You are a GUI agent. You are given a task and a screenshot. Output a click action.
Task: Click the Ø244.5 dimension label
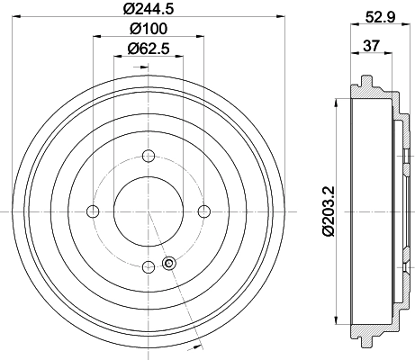pos(149,9)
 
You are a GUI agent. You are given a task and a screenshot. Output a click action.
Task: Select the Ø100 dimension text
pos(149,29)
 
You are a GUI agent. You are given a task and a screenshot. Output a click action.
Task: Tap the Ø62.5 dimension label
pos(149,49)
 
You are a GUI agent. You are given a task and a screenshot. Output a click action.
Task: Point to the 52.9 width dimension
pos(380,17)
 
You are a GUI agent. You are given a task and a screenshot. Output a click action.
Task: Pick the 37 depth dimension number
pos(372,46)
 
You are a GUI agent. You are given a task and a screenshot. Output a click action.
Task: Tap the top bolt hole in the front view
pos(149,156)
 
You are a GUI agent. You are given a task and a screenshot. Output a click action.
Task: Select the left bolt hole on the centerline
pos(93,211)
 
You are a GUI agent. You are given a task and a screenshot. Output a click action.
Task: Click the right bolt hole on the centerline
pos(204,211)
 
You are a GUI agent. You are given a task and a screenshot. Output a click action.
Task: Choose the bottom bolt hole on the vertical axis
pos(149,267)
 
